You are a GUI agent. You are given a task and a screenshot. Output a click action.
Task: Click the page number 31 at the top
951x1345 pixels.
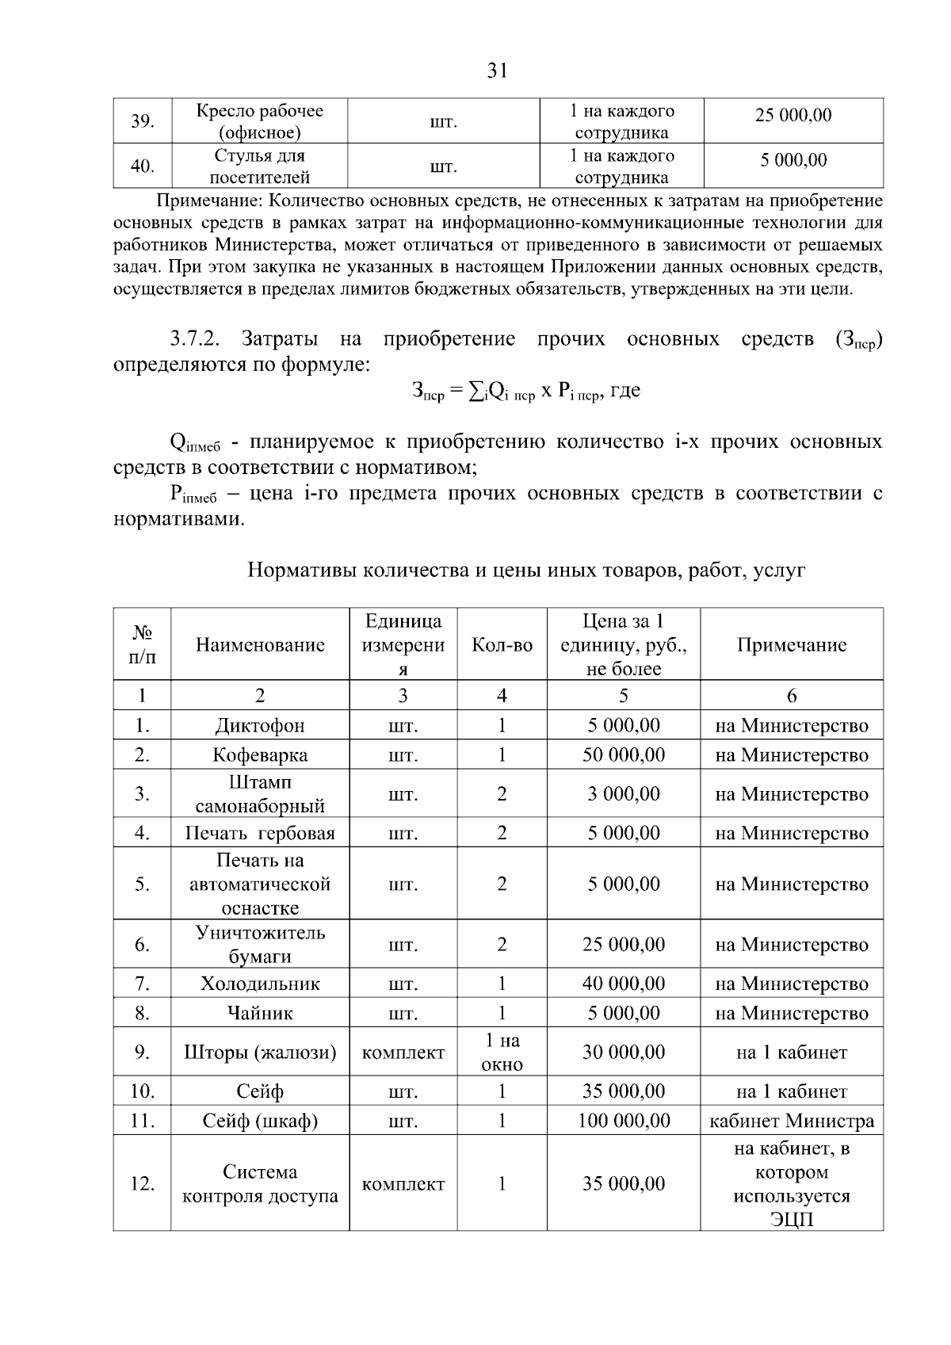[496, 71]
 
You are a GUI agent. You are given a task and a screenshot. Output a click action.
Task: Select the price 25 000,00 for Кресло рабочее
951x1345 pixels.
[793, 116]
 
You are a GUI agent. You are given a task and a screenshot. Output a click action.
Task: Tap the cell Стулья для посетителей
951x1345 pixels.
[260, 166]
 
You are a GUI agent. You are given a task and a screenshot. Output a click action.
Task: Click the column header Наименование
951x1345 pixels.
[260, 645]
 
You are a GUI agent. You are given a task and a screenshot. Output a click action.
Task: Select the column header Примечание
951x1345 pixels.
[792, 645]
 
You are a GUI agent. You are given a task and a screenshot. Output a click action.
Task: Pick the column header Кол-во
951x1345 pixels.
[502, 645]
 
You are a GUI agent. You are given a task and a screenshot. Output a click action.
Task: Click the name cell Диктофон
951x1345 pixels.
[260, 726]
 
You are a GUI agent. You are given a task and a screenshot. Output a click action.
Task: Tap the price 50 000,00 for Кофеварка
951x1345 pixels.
[624, 755]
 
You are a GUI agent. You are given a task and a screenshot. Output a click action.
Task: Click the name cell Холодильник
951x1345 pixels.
[260, 984]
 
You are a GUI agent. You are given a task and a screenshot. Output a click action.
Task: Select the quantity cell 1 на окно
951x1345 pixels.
[502, 1053]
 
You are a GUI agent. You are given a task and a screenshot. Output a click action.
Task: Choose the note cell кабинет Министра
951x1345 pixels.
[792, 1121]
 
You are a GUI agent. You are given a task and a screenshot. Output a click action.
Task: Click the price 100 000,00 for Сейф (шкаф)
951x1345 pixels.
[624, 1121]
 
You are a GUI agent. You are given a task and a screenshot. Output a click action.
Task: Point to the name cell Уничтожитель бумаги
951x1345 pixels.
[260, 945]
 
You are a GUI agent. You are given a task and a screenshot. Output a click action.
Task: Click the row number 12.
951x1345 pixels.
[142, 1184]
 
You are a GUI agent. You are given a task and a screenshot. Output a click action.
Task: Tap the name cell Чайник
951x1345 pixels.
[260, 1014]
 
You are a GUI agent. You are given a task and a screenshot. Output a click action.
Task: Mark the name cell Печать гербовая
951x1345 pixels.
[260, 834]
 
